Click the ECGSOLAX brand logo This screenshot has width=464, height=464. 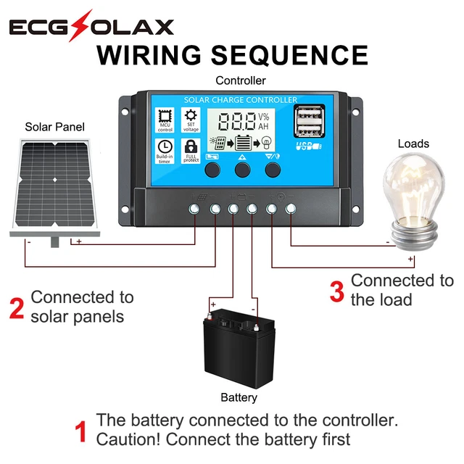point(91,27)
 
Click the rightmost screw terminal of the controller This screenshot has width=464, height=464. point(291,210)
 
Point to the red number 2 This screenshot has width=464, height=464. point(17,307)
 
